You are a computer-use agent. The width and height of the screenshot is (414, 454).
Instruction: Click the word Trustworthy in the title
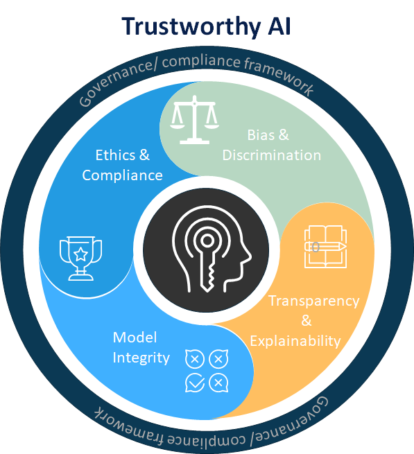tap(191, 26)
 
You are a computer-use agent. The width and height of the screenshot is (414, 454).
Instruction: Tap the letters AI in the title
tap(279, 26)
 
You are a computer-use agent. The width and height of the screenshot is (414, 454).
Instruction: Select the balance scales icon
tap(194, 120)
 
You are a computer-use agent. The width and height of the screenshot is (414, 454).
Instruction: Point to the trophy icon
tap(80, 259)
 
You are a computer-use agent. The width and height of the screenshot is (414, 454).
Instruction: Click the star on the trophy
tap(80, 254)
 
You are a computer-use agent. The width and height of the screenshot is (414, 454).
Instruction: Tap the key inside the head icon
tap(207, 261)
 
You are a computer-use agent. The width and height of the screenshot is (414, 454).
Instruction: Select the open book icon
tap(325, 247)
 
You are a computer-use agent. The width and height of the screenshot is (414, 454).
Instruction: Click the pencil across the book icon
tap(325, 247)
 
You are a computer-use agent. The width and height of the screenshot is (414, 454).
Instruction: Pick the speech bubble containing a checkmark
tap(195, 383)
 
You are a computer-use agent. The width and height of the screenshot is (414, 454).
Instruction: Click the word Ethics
tap(115, 155)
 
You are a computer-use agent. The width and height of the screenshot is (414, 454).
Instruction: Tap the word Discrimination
tap(272, 155)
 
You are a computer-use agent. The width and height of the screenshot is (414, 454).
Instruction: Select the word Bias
tap(261, 135)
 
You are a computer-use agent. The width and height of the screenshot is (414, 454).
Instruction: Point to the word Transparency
tap(314, 302)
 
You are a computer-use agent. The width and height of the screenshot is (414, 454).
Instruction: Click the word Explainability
tap(295, 342)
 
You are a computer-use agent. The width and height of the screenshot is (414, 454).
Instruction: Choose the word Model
tap(135, 338)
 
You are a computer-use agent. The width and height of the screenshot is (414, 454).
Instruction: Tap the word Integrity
tap(141, 358)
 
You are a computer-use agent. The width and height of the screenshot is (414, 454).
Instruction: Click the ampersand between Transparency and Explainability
tap(307, 320)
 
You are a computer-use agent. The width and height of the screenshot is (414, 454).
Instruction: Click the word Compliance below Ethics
tap(122, 176)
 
